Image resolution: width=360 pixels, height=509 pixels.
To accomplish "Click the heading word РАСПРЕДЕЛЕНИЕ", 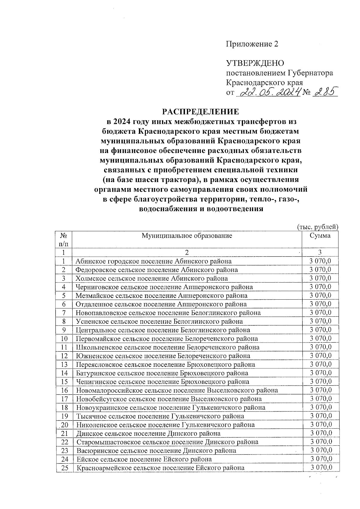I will pos(201,112).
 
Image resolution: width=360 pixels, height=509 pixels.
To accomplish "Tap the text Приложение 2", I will pos(252,44).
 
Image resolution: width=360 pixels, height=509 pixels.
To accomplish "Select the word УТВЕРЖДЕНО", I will pos(255,63).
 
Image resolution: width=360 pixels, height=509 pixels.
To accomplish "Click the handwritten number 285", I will pos(325,91).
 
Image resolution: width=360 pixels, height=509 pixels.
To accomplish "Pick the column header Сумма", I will pos(320,236).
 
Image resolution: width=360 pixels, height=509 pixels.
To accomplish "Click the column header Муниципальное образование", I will pos(187,236).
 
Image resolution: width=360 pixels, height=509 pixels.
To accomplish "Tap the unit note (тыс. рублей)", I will pos(318,227).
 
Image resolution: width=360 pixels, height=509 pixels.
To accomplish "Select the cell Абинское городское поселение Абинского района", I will pos(153,261).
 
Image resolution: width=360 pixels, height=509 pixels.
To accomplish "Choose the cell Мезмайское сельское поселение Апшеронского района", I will pos(161,295).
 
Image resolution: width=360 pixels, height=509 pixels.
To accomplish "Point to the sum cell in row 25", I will pos(321,468).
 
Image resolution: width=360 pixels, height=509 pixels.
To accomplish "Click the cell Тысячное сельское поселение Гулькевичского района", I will pos(160,416).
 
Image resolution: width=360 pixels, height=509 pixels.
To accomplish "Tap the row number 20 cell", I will pos(64,425).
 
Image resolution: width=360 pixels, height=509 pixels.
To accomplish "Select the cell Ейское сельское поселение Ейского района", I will pos(144,459).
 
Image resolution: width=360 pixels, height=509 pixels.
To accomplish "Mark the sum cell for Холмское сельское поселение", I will pos(320,278).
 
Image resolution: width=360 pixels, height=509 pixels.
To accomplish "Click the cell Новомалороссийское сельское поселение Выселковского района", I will pos(177,390).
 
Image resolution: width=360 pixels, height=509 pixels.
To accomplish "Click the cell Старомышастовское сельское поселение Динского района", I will pos(167,442).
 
